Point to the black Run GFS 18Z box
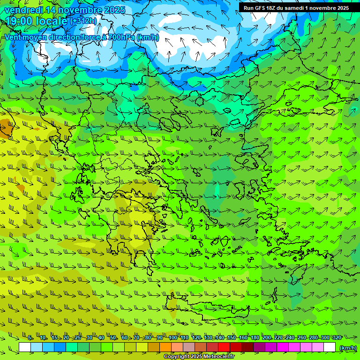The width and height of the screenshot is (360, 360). tap(296, 8)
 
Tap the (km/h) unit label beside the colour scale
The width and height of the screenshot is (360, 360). tap(348, 348)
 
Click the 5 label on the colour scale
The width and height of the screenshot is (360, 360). tap(30, 337)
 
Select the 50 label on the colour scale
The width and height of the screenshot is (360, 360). tap(113, 337)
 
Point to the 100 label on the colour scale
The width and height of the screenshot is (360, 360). tap(172, 337)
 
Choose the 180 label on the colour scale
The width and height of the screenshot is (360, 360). tap(255, 337)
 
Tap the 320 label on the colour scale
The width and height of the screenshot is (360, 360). tap(337, 337)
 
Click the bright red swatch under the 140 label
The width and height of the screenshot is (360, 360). tap(224, 347)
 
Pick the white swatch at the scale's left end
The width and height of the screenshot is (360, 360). tap(25, 347)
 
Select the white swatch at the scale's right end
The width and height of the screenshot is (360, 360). tap(330, 347)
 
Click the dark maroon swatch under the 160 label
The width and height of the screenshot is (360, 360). tap(247, 347)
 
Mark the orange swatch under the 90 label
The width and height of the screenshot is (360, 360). tap(165, 347)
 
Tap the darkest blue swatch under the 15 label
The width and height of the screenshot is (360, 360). tap(60, 347)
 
